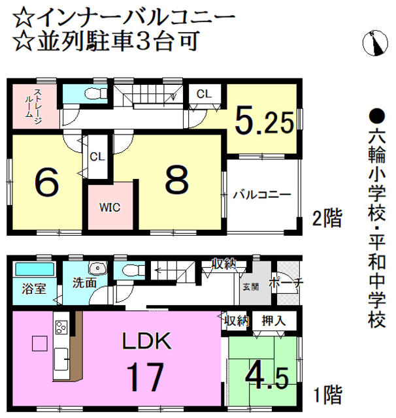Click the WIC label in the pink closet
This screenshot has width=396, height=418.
pos(110,208)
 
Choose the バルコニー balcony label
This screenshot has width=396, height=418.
pos(261,194)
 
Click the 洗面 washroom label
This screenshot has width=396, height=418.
pos(85,284)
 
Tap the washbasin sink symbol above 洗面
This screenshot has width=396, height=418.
pos(98,268)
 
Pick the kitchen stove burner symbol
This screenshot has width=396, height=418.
pos(62,327)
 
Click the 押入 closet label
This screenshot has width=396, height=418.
pos(272,321)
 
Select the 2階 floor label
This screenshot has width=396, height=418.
pos(326,218)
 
